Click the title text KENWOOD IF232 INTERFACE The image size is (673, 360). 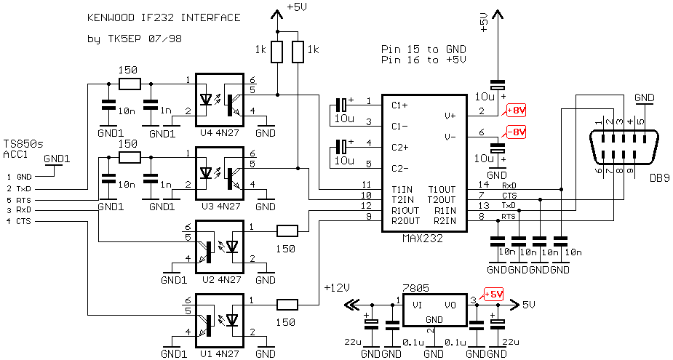[x=163, y=17]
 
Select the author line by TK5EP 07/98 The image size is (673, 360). [x=134, y=39]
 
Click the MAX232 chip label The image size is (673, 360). [x=423, y=238]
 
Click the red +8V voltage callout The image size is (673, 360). [x=515, y=111]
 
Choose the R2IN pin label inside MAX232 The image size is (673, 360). [x=445, y=220]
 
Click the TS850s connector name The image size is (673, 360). [x=23, y=144]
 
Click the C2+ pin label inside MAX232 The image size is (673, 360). [x=400, y=147]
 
